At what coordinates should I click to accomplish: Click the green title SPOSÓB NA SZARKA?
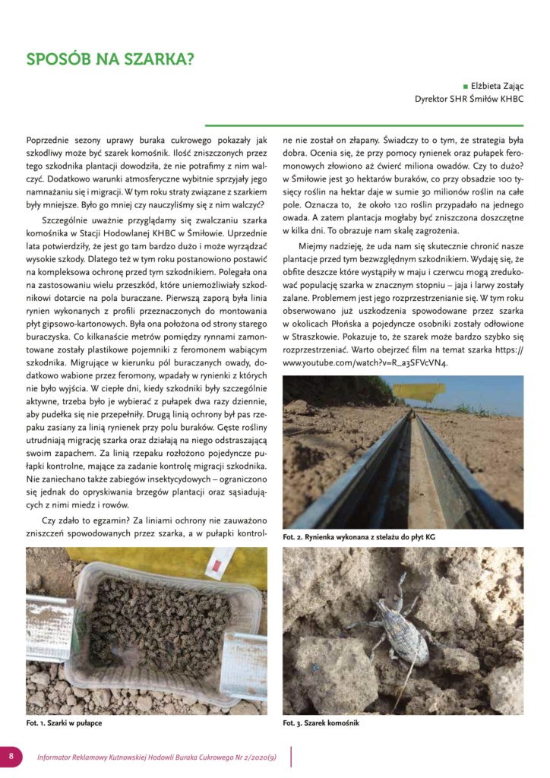point(110,60)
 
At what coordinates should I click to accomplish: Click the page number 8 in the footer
point(11,756)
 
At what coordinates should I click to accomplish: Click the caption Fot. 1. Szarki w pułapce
point(64,723)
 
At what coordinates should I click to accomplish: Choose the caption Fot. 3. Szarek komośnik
point(321,723)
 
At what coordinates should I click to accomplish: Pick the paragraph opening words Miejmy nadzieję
point(334,247)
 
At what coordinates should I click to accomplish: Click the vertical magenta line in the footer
point(292,756)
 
